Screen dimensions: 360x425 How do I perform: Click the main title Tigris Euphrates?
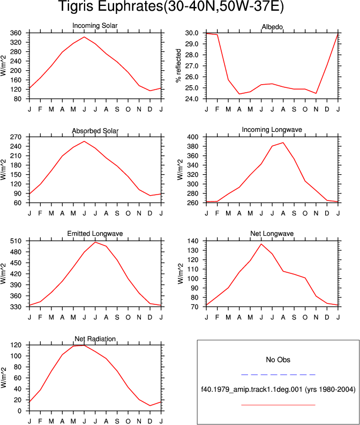pyautogui.click(x=171, y=6)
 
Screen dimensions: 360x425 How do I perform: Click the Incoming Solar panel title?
pyautogui.click(x=95, y=26)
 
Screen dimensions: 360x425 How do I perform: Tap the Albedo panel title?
pyautogui.click(x=272, y=27)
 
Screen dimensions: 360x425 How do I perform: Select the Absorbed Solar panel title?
pyautogui.click(x=95, y=131)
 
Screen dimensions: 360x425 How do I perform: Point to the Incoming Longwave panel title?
pyautogui.click(x=272, y=130)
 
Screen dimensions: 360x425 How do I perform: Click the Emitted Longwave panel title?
pyautogui.click(x=95, y=233)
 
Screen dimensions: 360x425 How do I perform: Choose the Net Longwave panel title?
pyautogui.click(x=272, y=233)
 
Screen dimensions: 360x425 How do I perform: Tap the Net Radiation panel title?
pyautogui.click(x=95, y=339)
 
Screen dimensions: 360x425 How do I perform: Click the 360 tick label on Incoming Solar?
pyautogui.click(x=16, y=33)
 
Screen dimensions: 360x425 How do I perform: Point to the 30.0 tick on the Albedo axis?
pyautogui.click(x=191, y=33)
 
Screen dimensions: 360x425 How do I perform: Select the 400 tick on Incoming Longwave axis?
pyautogui.click(x=193, y=137)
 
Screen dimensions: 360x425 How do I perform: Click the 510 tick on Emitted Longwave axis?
pyautogui.click(x=16, y=241)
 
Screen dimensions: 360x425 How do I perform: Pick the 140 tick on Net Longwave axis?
pyautogui.click(x=193, y=241)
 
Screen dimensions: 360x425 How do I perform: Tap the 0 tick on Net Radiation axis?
pyautogui.click(x=19, y=411)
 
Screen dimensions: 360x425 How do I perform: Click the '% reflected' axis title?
pyautogui.click(x=178, y=65)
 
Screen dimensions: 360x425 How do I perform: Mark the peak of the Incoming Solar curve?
pyautogui.click(x=84, y=37)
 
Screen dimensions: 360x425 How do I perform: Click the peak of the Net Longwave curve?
pyautogui.click(x=261, y=244)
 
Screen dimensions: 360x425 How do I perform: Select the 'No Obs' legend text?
pyautogui.click(x=278, y=360)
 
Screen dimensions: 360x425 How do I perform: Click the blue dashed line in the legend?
pyautogui.click(x=278, y=375)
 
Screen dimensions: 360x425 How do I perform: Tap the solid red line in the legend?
pyautogui.click(x=278, y=405)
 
